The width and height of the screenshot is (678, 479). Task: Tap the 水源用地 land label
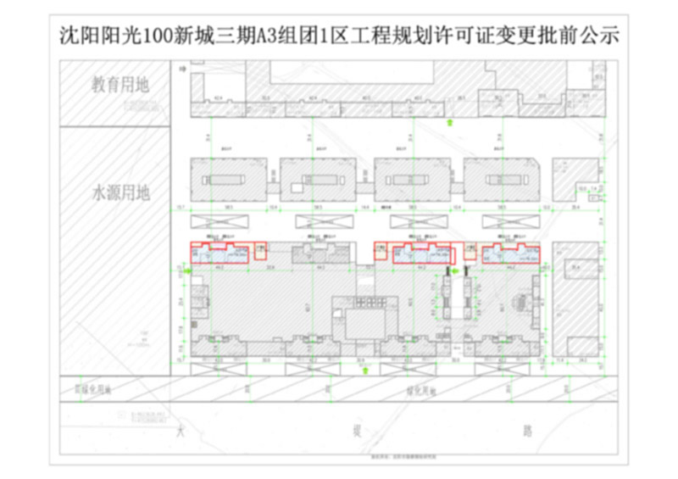point(120,192)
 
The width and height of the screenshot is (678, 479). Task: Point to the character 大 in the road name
point(179,432)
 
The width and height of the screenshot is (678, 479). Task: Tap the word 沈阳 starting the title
point(78,36)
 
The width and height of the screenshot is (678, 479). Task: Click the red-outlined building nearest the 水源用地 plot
point(219,253)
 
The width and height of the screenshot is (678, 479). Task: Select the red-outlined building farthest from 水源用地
point(510,253)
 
